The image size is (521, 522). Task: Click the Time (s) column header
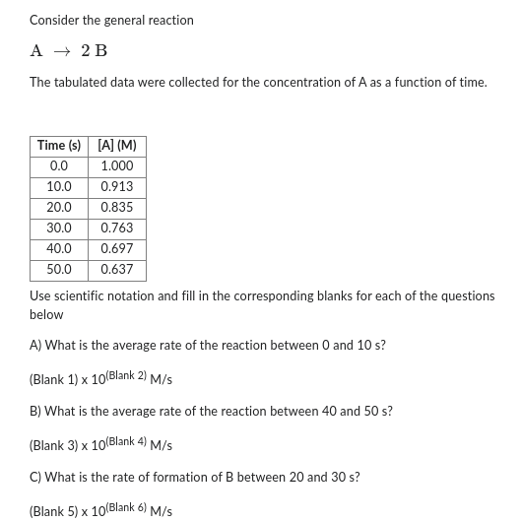[59, 146]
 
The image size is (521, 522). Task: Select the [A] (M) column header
[117, 146]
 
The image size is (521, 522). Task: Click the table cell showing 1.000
[117, 166]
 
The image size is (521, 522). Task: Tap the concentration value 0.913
[117, 187]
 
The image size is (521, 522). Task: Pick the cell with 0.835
[117, 208]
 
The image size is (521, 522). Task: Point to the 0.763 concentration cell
[117, 228]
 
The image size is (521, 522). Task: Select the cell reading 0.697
[117, 249]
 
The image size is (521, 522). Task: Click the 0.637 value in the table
[117, 270]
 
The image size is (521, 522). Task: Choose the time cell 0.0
[59, 166]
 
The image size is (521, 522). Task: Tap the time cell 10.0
[59, 187]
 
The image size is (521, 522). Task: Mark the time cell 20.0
[59, 208]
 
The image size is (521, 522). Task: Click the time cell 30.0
[59, 228]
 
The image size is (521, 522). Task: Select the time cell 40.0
[59, 249]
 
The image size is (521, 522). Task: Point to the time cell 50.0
[59, 270]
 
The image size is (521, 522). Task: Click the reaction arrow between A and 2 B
[62, 51]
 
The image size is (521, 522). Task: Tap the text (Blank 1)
[53, 380]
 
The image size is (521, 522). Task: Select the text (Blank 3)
[53, 446]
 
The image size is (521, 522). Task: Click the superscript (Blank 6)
[126, 508]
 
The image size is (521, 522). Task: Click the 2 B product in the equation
[95, 51]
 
